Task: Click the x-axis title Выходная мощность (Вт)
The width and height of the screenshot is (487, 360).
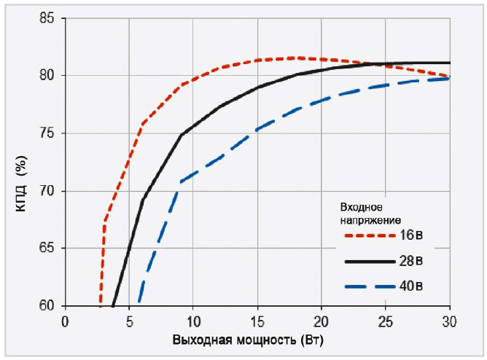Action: (x=249, y=340)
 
